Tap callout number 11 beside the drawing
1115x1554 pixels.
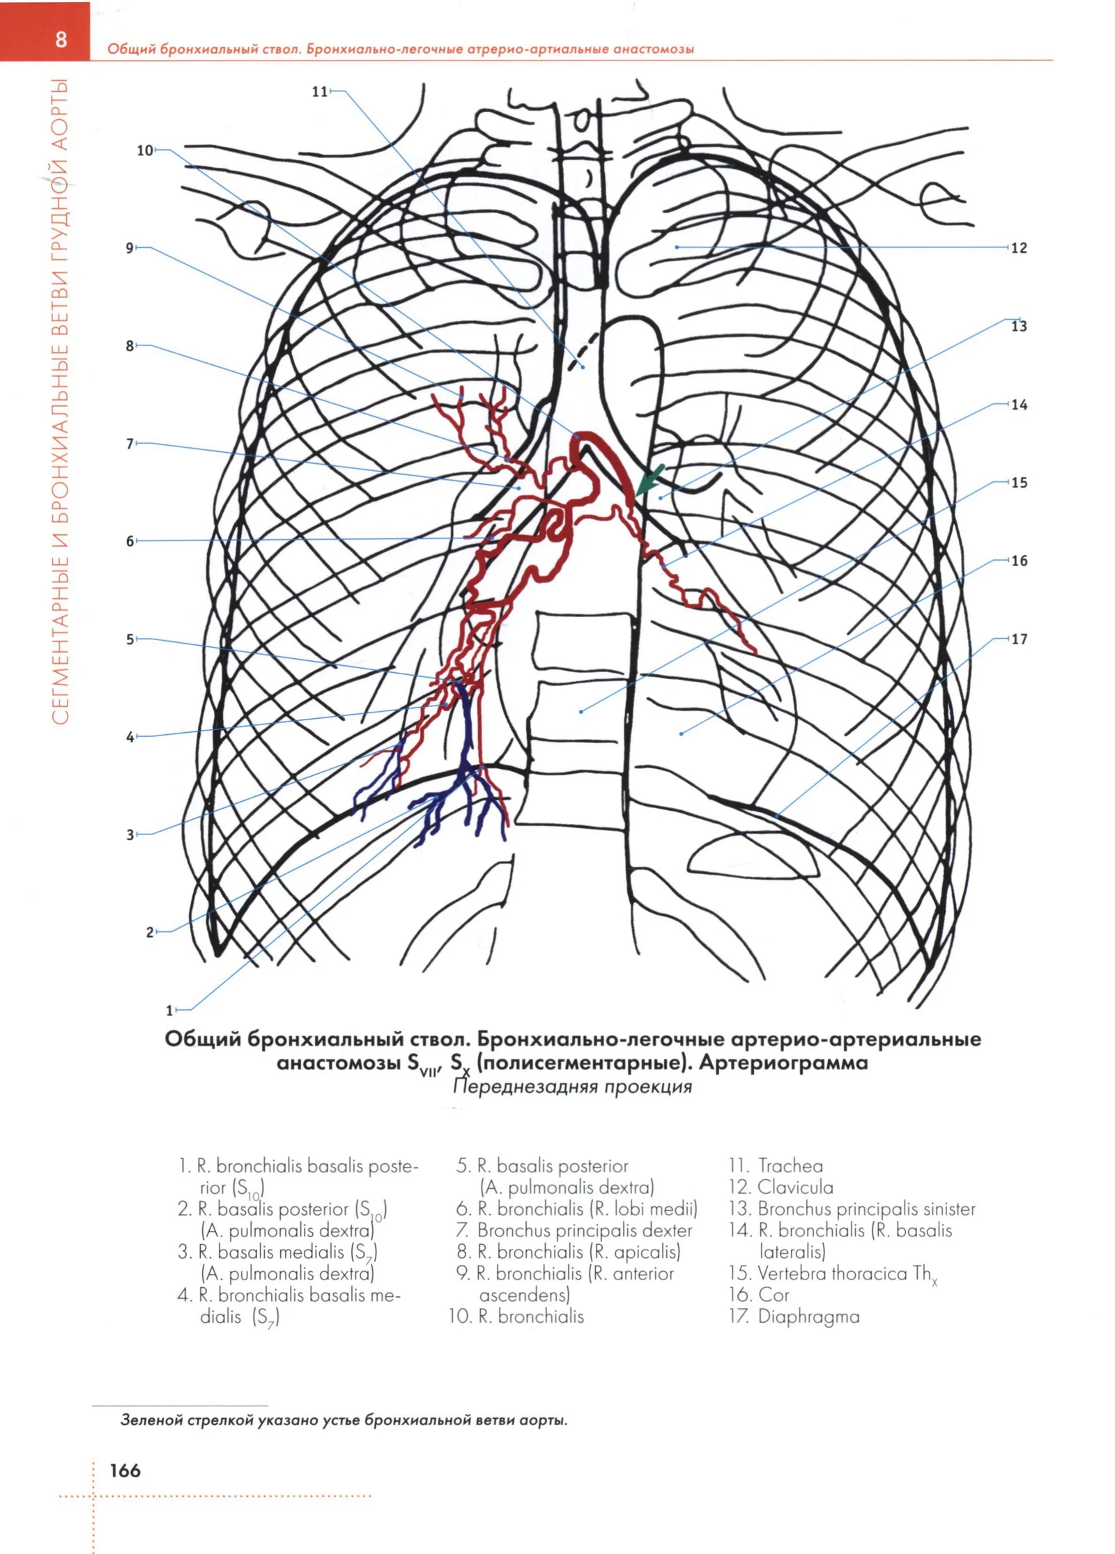(x=319, y=92)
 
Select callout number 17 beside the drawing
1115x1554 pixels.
(x=1018, y=639)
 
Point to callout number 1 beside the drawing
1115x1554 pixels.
(x=169, y=1010)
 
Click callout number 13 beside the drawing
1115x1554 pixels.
(x=1018, y=326)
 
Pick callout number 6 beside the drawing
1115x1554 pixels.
(x=130, y=541)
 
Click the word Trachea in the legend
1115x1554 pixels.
(x=790, y=1166)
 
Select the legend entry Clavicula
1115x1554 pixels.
(x=795, y=1188)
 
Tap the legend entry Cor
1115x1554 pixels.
(x=774, y=1295)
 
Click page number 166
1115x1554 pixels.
(x=125, y=1470)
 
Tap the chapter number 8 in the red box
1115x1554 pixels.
(x=61, y=38)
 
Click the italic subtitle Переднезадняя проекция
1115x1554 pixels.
(x=572, y=1087)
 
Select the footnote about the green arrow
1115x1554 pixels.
(x=344, y=1420)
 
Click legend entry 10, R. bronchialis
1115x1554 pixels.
(x=516, y=1316)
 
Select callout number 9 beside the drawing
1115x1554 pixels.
(x=130, y=248)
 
